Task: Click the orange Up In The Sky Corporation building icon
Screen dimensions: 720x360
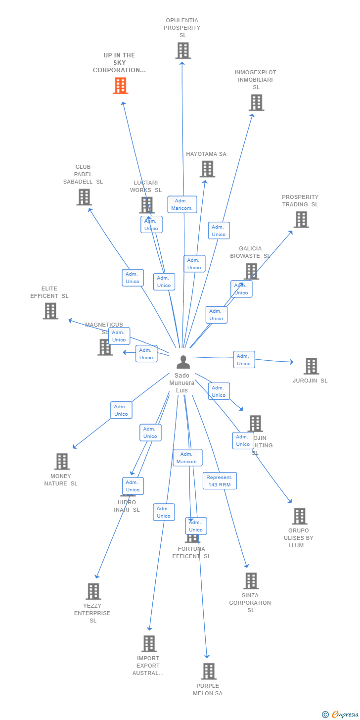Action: click(x=120, y=86)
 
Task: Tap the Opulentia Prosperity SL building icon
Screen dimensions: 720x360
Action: click(x=183, y=50)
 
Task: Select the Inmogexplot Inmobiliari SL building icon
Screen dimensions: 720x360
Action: click(x=256, y=102)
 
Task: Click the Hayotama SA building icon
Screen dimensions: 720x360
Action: click(x=207, y=169)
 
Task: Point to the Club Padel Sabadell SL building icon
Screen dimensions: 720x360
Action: click(x=84, y=197)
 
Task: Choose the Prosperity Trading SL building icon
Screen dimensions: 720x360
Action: click(x=301, y=219)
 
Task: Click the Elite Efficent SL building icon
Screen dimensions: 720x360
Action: click(x=50, y=311)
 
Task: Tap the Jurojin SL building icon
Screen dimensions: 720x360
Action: click(x=311, y=366)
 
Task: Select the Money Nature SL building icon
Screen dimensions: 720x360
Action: click(x=62, y=461)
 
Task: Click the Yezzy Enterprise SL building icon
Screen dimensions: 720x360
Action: click(x=93, y=591)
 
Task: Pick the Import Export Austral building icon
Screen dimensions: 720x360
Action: click(x=149, y=643)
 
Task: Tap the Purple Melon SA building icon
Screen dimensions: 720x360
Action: click(x=209, y=671)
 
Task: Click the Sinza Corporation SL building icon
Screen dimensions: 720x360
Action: click(x=251, y=580)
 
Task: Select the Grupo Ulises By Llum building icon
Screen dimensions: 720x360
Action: click(x=300, y=516)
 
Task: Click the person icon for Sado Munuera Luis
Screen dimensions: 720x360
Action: click(x=183, y=362)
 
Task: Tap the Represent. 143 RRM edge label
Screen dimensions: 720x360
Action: click(x=220, y=480)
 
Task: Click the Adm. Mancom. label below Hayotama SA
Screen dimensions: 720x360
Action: click(x=182, y=204)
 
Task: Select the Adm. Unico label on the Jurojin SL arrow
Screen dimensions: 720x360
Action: click(x=244, y=360)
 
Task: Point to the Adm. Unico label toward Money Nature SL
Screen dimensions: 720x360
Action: click(x=121, y=410)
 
